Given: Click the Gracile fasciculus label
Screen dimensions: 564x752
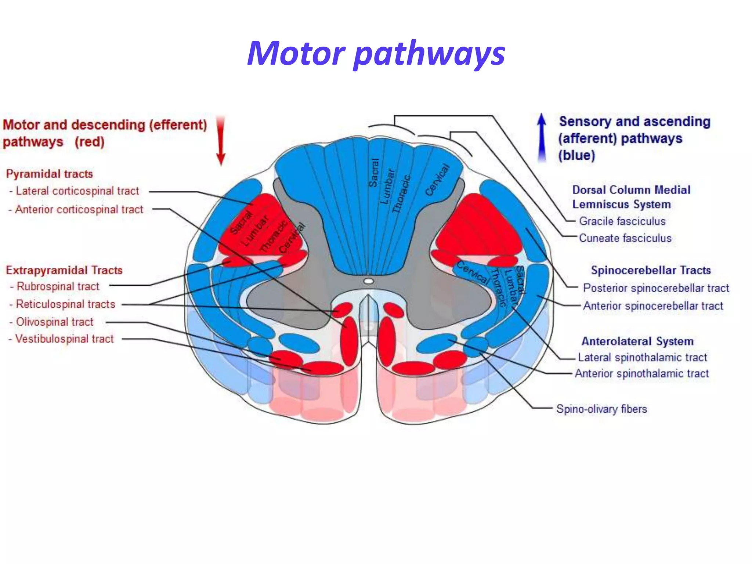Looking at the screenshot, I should [x=622, y=221].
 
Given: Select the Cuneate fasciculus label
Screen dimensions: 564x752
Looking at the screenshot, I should [x=625, y=238].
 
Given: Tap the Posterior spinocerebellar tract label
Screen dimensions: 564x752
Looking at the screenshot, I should [x=656, y=288].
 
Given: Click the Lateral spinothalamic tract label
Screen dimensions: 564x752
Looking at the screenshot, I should [x=642, y=357].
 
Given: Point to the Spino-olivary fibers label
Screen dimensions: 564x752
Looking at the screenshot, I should [x=601, y=409].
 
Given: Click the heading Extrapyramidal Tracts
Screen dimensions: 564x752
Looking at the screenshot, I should [x=64, y=271].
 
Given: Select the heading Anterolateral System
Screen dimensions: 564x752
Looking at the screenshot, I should [x=637, y=341].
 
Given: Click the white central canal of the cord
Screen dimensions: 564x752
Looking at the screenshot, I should [x=368, y=281].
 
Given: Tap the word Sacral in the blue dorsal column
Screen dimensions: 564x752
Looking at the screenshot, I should [x=374, y=173].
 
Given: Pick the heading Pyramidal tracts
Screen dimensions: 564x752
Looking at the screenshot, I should [x=50, y=174].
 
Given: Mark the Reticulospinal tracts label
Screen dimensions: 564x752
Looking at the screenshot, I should [x=65, y=304].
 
